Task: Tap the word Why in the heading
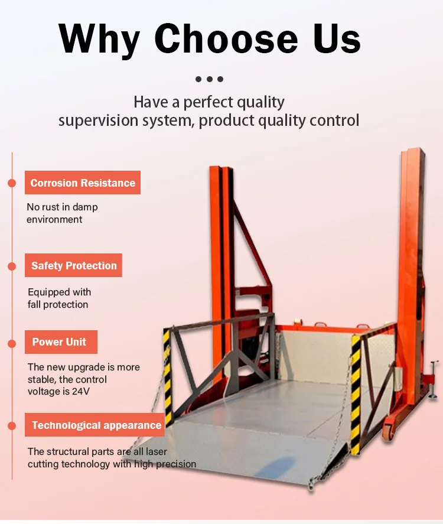[x=100, y=39]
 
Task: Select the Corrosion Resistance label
[x=83, y=183]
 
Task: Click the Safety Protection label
[x=74, y=266]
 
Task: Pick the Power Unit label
[x=59, y=342]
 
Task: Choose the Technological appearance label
[x=96, y=425]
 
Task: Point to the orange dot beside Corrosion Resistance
[x=12, y=183]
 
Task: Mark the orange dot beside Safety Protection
[x=12, y=266]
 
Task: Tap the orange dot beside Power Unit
[x=12, y=343]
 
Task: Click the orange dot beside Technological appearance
[x=12, y=425]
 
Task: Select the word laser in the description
[x=155, y=451]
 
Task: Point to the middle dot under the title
[x=210, y=79]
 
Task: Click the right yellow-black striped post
[x=356, y=393]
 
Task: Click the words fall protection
[x=58, y=305]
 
